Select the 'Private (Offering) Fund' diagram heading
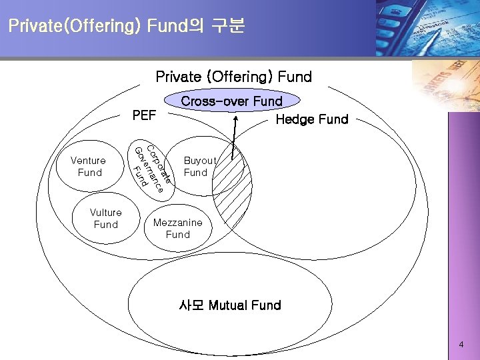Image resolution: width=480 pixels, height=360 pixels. coord(233,77)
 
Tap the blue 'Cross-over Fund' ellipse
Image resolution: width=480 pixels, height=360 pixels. coord(232,101)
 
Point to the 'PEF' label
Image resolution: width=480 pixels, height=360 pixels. coord(144,115)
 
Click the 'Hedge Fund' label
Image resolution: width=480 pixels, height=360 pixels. coord(312,119)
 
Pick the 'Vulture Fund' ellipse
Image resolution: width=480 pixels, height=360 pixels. coord(106,219)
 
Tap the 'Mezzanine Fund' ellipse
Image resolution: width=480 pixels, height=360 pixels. coord(177,229)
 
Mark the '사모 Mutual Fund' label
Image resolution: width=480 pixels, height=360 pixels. coord(230,305)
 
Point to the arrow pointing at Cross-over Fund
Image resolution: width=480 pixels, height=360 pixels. coord(235,137)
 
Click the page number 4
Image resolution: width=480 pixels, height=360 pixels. coord(461,345)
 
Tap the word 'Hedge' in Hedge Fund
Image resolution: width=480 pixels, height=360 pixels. coord(294,119)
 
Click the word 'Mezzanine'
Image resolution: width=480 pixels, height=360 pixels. coord(177,223)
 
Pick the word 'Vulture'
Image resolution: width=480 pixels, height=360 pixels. coord(106,213)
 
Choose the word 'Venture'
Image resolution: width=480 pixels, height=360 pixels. coord(88,161)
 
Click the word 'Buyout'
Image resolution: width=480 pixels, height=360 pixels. coord(200,161)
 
